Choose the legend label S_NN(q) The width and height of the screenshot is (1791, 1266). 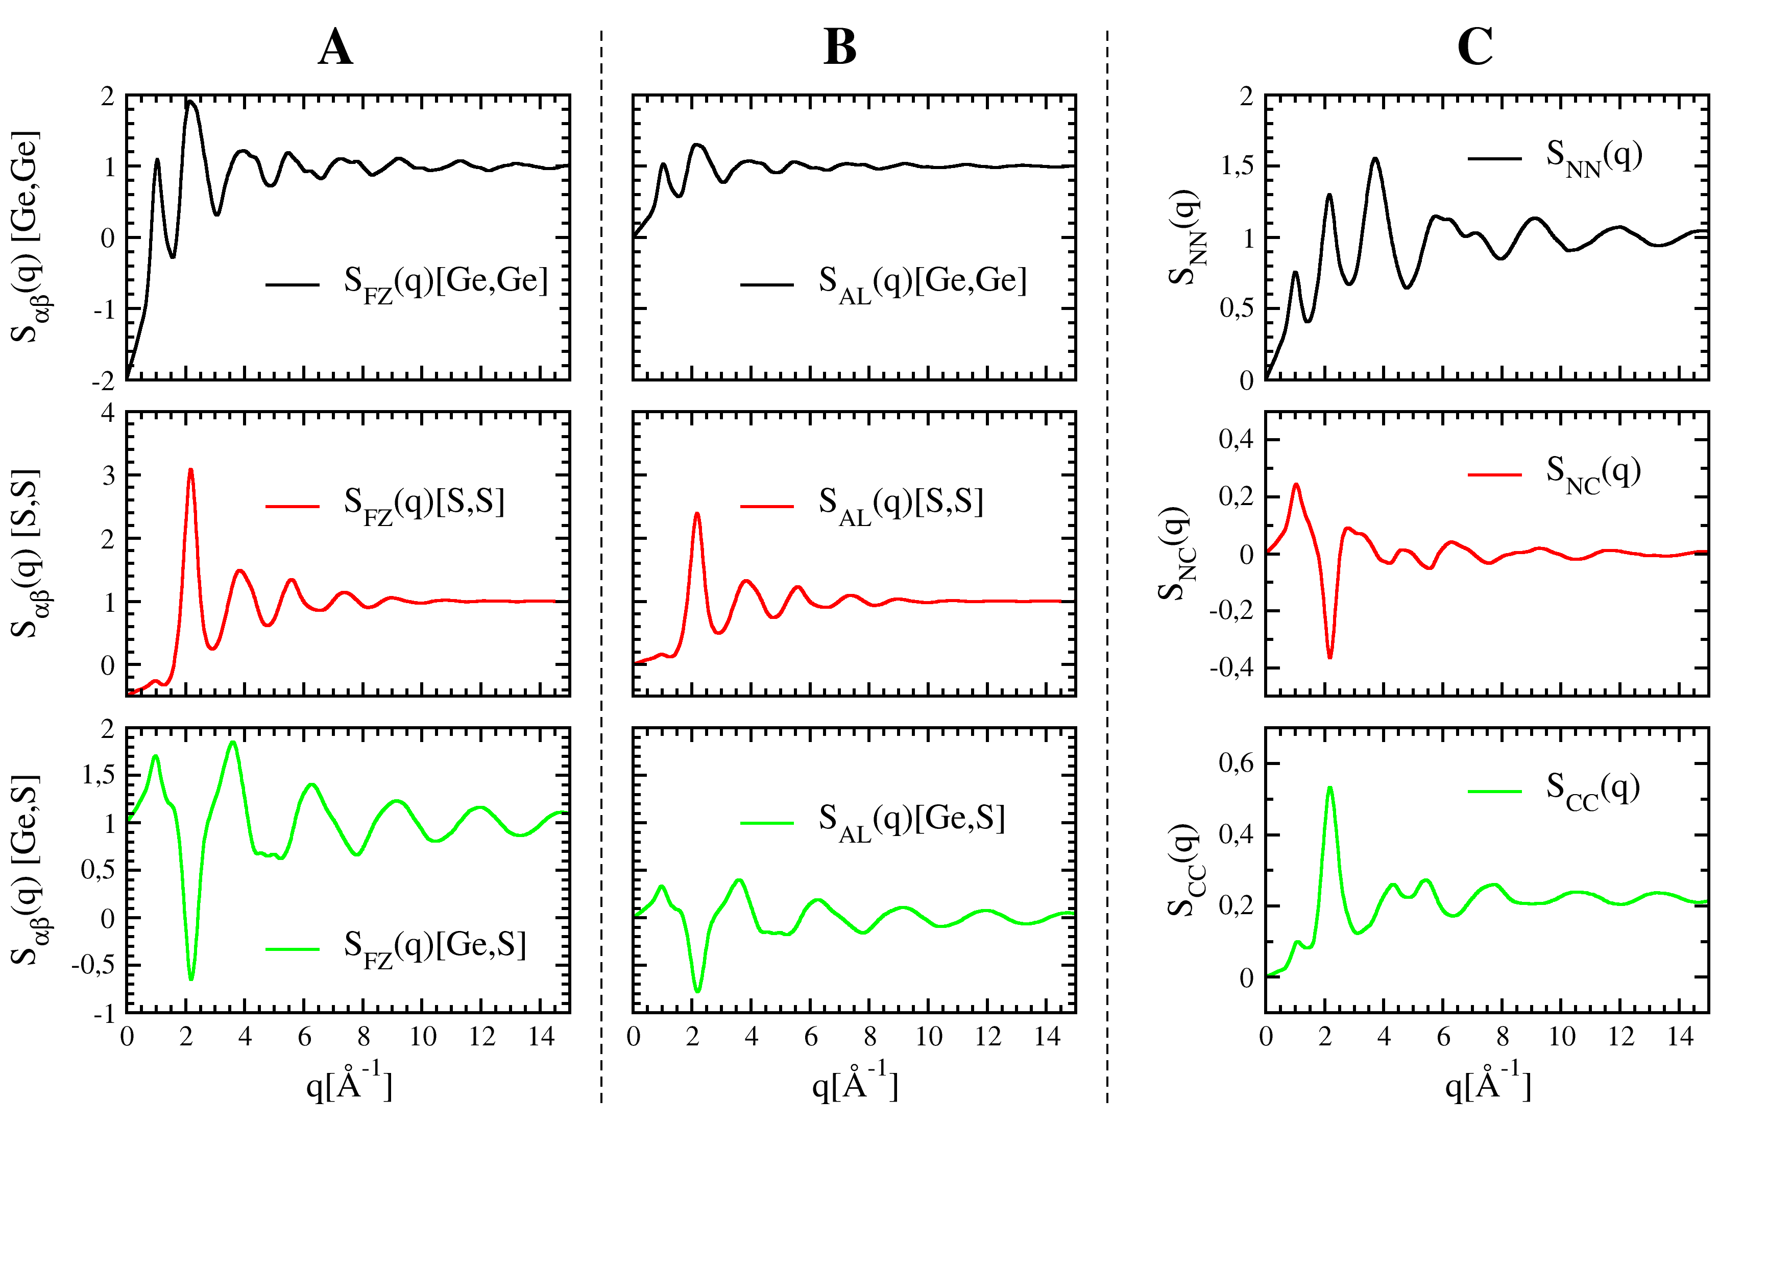[x=1593, y=158]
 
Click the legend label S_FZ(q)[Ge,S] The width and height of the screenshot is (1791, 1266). [x=434, y=948]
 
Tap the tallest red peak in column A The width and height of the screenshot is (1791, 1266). [x=190, y=470]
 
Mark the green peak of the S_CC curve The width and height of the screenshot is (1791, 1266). [x=1329, y=788]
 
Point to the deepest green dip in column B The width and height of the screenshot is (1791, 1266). [x=697, y=991]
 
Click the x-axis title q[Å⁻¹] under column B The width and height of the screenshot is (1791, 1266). [x=855, y=1082]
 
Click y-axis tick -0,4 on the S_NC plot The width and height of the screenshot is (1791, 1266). [x=1232, y=667]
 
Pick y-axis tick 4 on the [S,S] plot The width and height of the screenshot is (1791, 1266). [x=108, y=412]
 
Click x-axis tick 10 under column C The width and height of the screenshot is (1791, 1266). [x=1562, y=1037]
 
